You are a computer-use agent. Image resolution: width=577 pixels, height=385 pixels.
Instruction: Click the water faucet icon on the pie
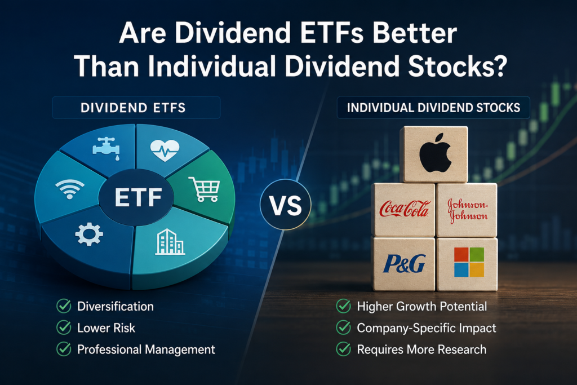[x=106, y=148]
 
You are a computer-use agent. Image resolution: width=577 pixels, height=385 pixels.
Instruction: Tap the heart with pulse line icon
[x=165, y=150]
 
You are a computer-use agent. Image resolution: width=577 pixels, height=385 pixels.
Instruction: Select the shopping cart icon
[x=205, y=189]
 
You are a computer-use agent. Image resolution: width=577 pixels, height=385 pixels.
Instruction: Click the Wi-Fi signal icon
[x=69, y=189]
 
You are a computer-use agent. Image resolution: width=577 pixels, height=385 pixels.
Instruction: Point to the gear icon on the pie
[x=89, y=234]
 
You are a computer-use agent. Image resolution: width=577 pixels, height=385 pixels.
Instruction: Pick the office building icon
[x=170, y=242]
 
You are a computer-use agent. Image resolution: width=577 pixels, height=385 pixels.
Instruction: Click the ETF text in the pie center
[x=139, y=198]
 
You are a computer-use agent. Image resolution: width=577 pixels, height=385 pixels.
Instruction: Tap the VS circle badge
[x=286, y=205]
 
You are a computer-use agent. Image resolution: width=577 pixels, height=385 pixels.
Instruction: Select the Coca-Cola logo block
[x=403, y=210]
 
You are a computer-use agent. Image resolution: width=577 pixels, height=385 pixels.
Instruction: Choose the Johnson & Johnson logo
[x=467, y=210]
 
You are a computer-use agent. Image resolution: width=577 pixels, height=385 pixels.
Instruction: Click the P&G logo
[x=404, y=264]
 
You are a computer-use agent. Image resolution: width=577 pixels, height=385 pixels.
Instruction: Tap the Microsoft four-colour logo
[x=469, y=262]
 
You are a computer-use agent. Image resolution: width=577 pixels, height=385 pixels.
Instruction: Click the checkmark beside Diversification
[x=64, y=306]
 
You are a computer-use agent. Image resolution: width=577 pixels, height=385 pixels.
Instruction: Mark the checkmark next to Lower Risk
[x=64, y=328]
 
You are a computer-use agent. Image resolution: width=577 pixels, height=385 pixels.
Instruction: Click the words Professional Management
[x=146, y=349]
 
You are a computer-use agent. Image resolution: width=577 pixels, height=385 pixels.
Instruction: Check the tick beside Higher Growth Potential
[x=343, y=306]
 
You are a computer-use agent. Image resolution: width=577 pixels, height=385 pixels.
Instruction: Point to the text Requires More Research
[x=421, y=349]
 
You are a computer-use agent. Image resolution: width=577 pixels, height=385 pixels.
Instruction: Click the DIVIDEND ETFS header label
[x=133, y=108]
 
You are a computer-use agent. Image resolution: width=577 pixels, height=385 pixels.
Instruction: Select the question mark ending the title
[x=499, y=65]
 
